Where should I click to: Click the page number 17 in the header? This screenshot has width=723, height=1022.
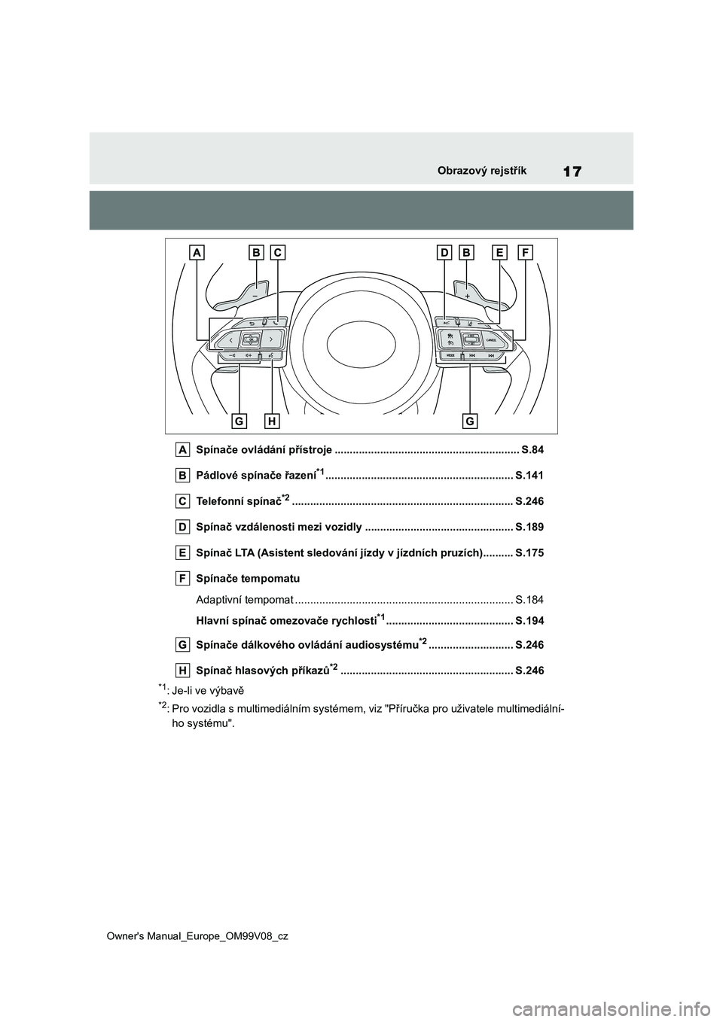click(x=572, y=171)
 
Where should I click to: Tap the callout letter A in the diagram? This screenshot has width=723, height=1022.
click(x=198, y=254)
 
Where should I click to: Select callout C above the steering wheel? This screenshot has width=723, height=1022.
click(x=278, y=254)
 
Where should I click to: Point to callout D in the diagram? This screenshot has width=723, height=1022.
click(x=444, y=254)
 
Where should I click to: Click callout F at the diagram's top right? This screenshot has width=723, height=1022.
click(x=525, y=254)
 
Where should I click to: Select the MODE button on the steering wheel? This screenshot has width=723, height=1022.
click(x=450, y=354)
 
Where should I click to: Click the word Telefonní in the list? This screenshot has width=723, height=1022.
click(x=219, y=501)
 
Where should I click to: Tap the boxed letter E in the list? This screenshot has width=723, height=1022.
click(x=183, y=552)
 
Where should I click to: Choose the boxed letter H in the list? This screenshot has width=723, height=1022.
click(x=183, y=670)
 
